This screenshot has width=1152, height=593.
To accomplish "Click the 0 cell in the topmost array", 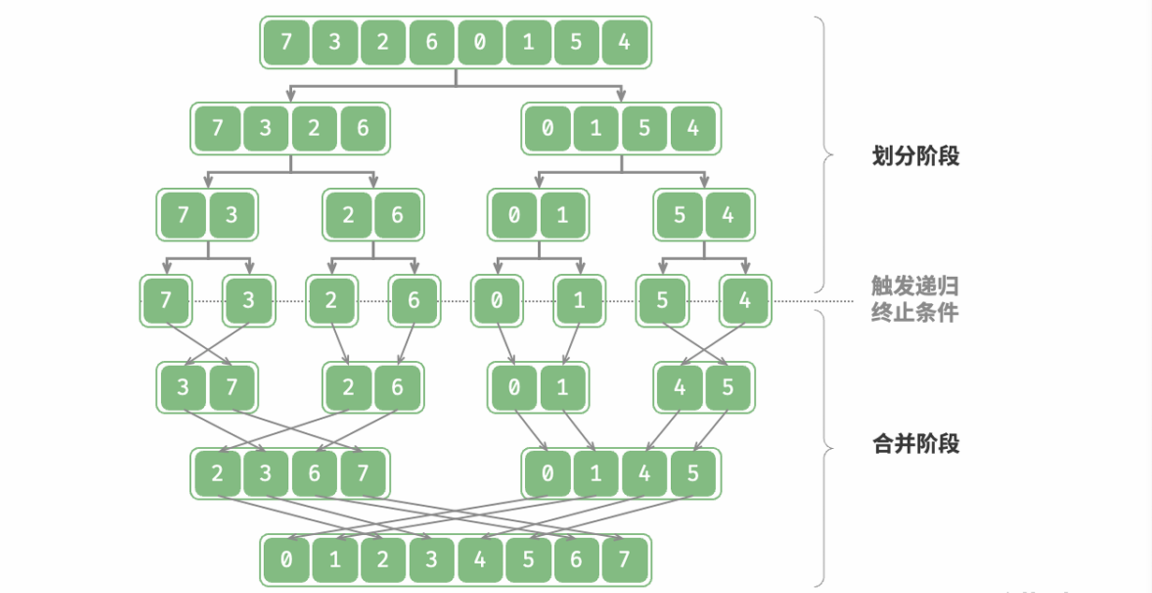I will click(480, 43).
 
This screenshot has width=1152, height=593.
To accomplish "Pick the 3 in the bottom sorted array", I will click(431, 560).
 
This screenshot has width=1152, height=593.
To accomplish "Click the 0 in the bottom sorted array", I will click(286, 560).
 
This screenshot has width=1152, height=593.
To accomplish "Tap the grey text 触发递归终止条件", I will click(914, 299).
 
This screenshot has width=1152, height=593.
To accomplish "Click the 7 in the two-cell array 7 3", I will click(183, 215).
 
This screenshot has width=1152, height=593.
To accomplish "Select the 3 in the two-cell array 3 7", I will click(183, 387).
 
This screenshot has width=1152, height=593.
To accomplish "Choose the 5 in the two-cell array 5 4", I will click(679, 215).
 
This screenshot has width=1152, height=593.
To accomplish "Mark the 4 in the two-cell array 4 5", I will click(679, 387).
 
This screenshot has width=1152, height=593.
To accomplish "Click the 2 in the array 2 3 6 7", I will click(218, 473).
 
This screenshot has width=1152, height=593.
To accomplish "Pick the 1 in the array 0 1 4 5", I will click(596, 473).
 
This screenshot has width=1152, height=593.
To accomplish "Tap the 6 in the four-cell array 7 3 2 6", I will click(363, 128).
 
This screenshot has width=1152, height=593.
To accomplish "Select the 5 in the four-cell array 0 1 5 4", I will click(645, 128).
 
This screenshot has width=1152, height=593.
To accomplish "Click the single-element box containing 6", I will click(414, 300).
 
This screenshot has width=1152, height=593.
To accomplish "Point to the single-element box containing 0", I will click(496, 300).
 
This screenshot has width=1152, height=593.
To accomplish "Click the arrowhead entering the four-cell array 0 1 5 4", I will click(621, 94).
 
